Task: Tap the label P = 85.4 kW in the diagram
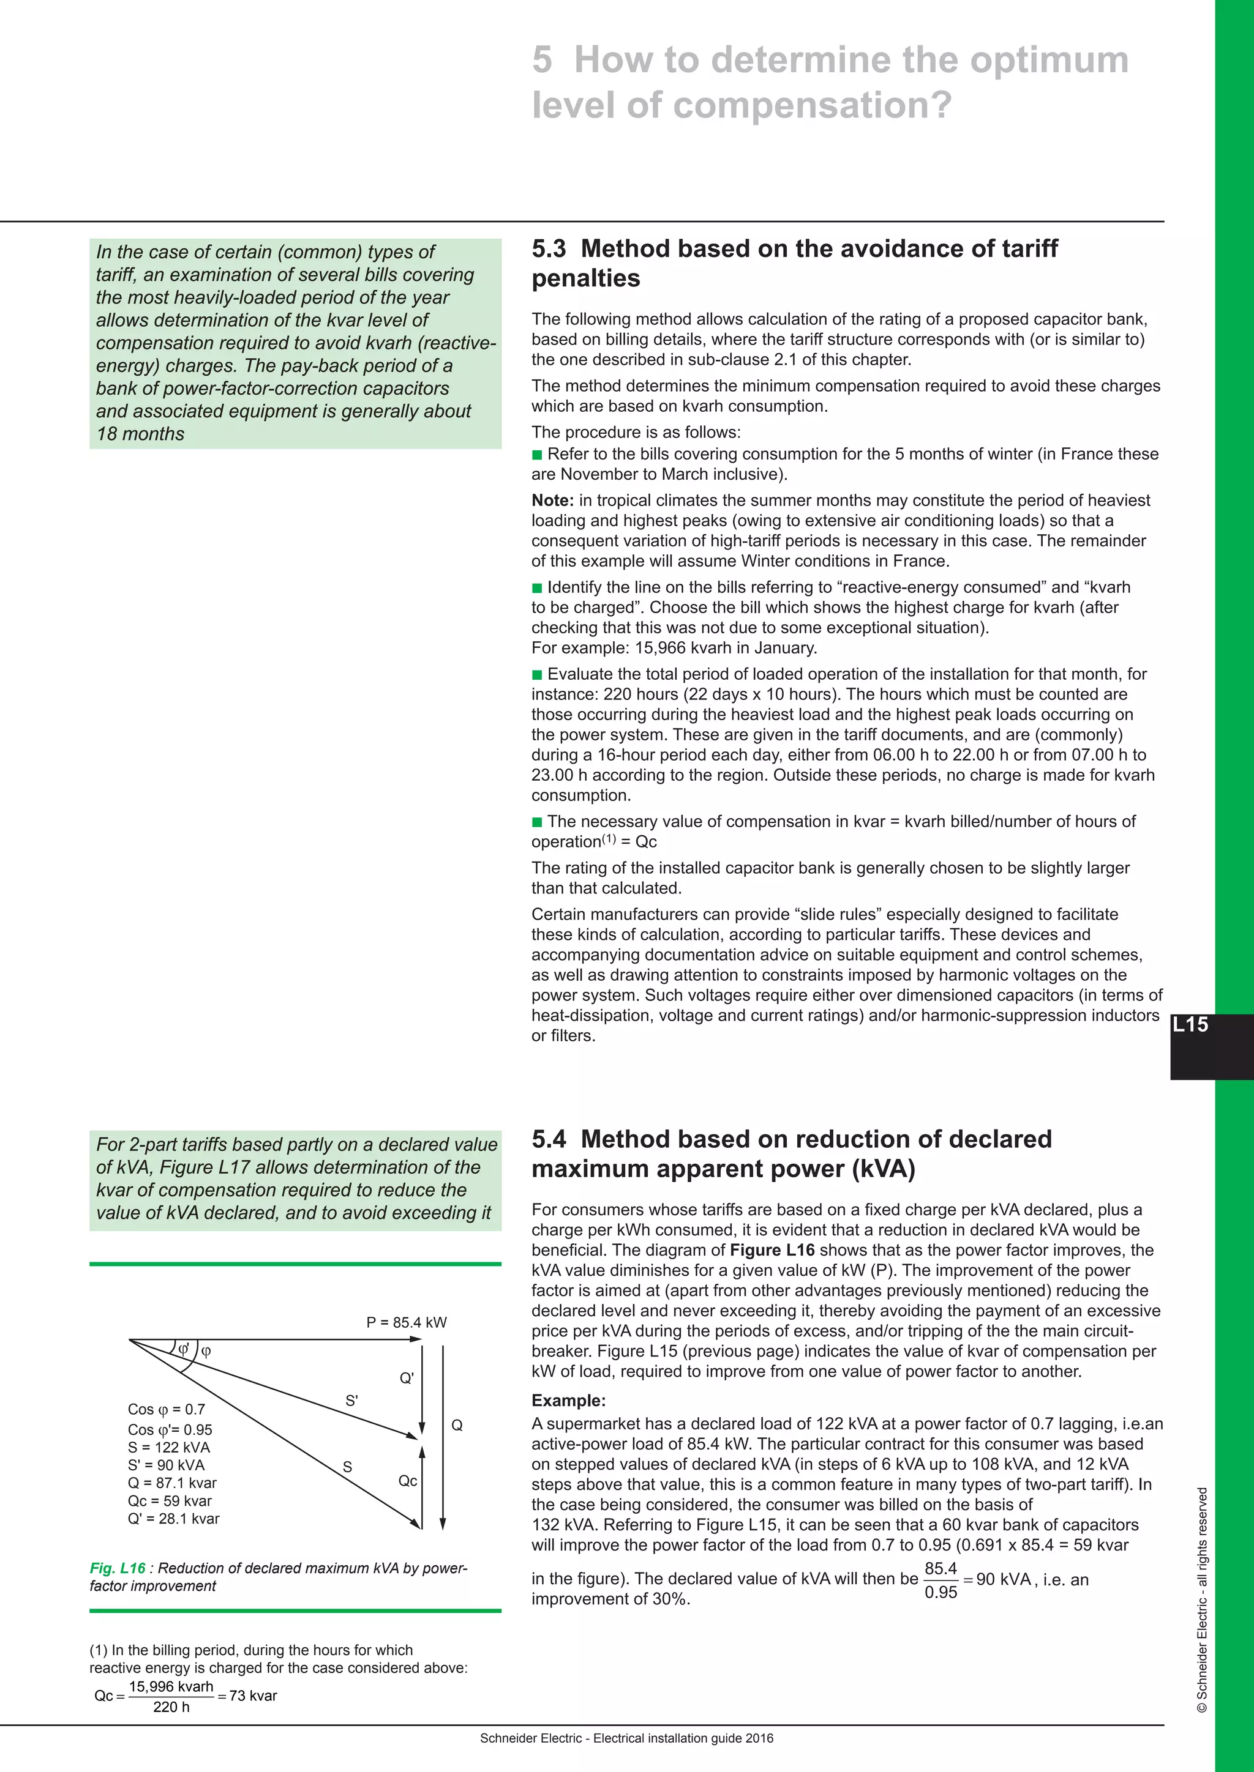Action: click(x=406, y=1322)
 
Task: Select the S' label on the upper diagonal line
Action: click(x=351, y=1401)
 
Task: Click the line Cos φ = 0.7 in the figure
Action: click(x=166, y=1409)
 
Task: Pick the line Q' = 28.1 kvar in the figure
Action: click(x=174, y=1518)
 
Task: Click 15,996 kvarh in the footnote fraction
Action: click(x=171, y=1686)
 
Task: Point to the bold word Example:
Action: click(x=568, y=1401)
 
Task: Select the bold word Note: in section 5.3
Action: click(x=552, y=500)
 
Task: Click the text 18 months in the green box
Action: click(x=140, y=434)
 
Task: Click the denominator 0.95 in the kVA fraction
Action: click(x=940, y=1592)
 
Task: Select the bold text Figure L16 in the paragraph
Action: click(x=772, y=1250)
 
